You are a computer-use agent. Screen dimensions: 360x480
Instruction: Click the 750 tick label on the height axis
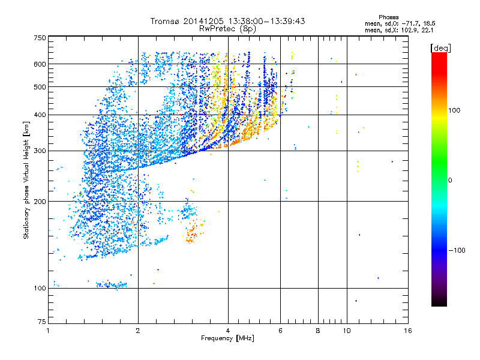point(40,37)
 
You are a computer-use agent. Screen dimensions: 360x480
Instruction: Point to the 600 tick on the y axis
point(40,64)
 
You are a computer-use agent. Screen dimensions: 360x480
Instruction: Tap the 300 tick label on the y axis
point(40,151)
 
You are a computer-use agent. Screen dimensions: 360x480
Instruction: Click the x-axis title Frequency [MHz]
point(227,339)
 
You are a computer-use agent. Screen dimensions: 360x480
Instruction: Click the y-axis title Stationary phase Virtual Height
point(26,180)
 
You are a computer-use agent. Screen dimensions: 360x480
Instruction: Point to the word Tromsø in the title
point(166,21)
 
